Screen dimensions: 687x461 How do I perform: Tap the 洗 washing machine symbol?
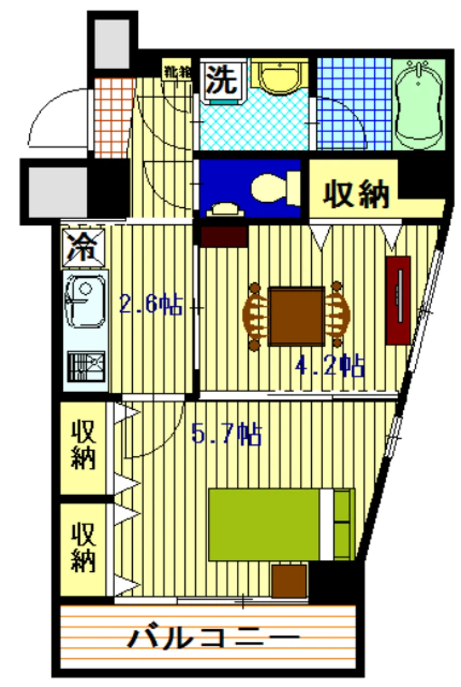(x=222, y=80)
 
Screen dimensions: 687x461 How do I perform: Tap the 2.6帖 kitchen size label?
(x=150, y=304)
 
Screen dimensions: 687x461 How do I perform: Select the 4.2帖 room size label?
(x=330, y=365)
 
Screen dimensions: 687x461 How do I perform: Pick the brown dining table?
(x=296, y=317)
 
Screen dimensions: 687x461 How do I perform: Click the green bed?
(x=280, y=524)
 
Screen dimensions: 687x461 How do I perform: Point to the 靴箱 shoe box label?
(x=177, y=72)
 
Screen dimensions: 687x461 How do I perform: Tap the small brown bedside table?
(x=289, y=581)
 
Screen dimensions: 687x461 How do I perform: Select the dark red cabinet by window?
(x=398, y=299)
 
